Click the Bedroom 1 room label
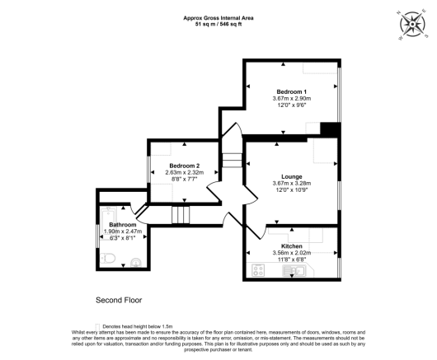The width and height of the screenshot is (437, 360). point(292,91)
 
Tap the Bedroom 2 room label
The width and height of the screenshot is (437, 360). point(185,165)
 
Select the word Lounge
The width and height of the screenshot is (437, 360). point(292,175)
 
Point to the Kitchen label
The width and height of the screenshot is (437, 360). point(292,245)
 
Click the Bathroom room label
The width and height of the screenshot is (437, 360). point(123,224)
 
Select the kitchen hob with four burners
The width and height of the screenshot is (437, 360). point(256,269)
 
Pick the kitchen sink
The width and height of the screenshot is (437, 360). point(294,269)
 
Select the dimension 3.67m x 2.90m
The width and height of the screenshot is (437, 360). point(292,98)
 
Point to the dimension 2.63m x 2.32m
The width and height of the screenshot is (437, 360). point(185,172)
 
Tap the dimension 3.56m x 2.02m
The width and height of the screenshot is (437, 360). point(292,253)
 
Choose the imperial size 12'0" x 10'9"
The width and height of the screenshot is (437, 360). point(292,190)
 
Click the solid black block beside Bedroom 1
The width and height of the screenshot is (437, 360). point(330,129)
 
